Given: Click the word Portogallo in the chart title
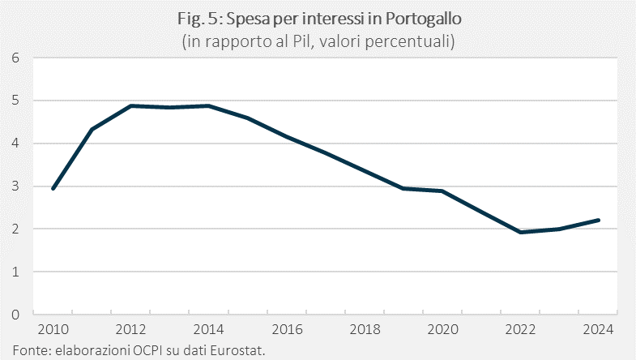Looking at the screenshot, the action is pos(423,19).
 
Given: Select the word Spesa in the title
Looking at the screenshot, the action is pos(249,19).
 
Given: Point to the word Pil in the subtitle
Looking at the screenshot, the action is pos(301,41).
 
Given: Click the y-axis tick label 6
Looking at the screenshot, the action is pos(15,58).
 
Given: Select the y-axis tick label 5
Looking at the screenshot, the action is pos(15,101).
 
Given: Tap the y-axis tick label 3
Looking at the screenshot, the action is pos(15,186).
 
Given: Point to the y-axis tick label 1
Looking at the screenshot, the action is pos(15,272).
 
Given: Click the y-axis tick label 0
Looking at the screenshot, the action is pos(15,315).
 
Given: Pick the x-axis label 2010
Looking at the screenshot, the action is pos(53,329).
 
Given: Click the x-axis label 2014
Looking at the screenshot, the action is pos(208,329).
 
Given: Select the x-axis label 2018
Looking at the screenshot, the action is pos(365,329).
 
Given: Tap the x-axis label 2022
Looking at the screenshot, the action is pos(520,329).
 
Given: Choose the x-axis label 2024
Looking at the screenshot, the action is pos(598,329).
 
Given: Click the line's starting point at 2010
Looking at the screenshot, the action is pos(53,189).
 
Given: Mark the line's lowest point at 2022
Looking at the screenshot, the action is pos(520,232).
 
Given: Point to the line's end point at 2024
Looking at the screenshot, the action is pos(598,221).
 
